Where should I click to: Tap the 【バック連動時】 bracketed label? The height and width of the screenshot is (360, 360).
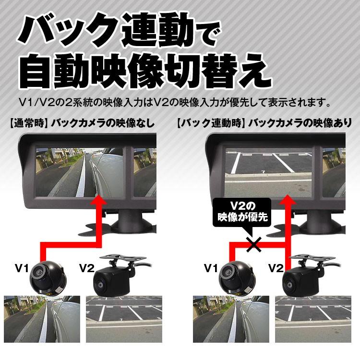(208, 122)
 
